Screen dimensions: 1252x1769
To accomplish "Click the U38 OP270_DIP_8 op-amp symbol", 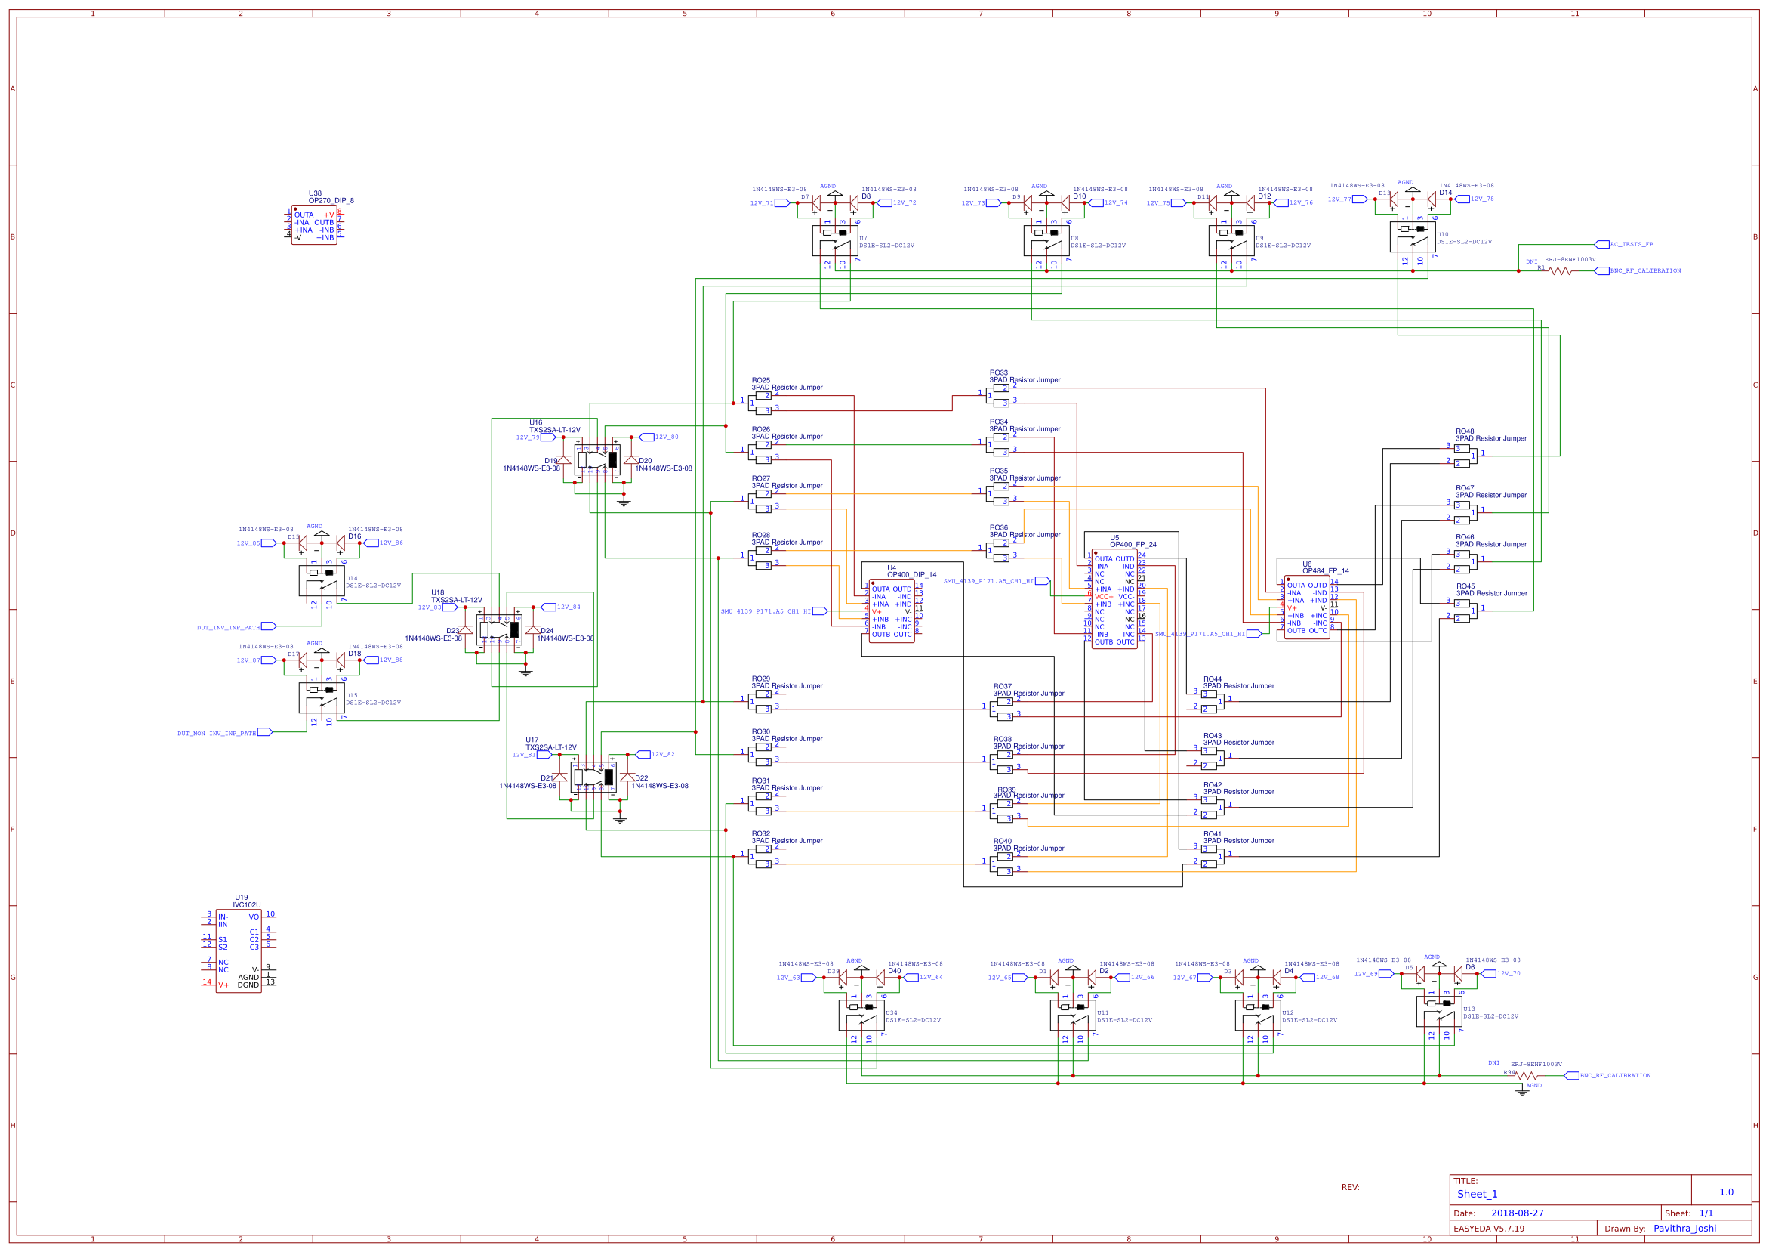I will (x=314, y=225).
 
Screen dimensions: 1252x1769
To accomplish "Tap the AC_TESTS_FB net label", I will (x=1630, y=244).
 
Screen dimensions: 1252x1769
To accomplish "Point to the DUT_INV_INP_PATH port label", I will (x=229, y=628).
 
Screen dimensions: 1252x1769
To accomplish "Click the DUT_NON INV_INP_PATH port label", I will (x=217, y=733).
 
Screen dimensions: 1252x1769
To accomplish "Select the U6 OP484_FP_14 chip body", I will (x=1307, y=607).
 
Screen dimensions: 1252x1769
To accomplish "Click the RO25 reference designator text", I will (x=760, y=380).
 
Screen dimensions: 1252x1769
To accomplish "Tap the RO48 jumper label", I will (x=1464, y=431).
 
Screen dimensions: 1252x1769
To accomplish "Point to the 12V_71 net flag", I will (x=762, y=203).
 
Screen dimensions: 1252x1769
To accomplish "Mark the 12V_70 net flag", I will (x=1508, y=974).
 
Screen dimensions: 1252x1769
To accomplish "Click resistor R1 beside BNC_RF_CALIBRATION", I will (x=1560, y=270).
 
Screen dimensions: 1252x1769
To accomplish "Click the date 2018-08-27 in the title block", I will (x=1517, y=1213).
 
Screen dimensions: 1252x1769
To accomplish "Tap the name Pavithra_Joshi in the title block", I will (x=1684, y=1228).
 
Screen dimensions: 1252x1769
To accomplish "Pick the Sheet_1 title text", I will (x=1477, y=1193).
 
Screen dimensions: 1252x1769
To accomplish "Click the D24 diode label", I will (x=547, y=631).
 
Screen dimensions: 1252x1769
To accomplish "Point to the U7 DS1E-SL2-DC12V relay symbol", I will (x=835, y=241).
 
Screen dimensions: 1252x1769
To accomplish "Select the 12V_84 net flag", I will (x=568, y=607).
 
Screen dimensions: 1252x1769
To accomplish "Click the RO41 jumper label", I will (x=1212, y=834).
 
